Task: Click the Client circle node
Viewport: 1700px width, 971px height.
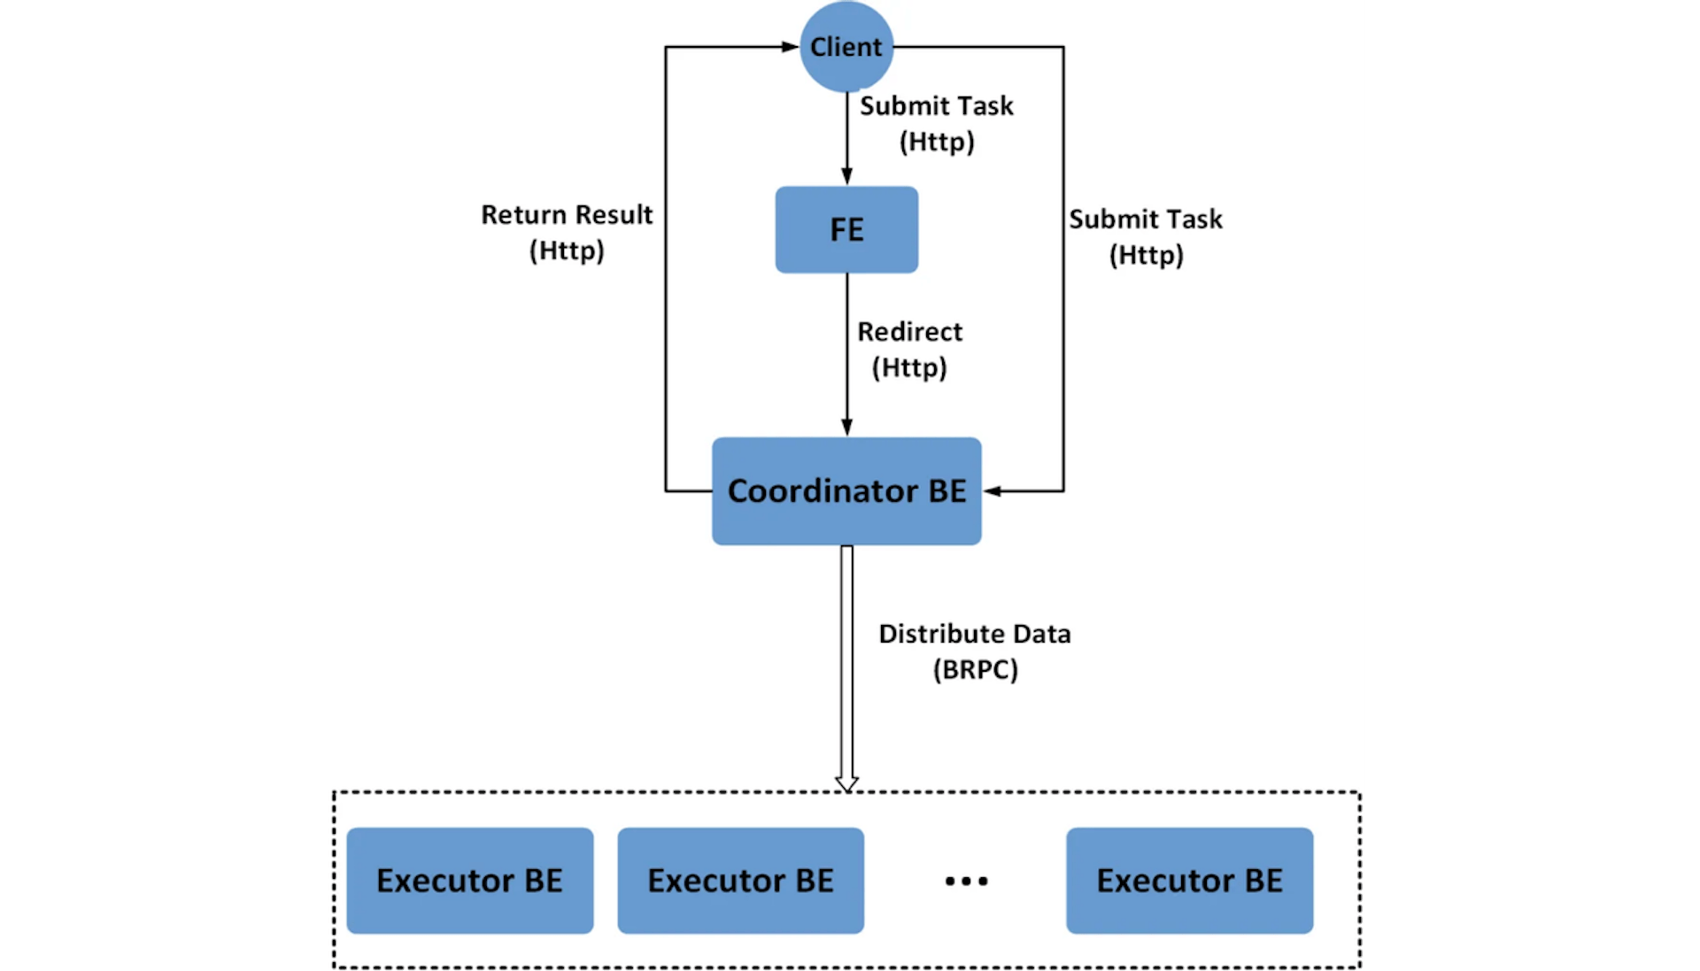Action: (846, 46)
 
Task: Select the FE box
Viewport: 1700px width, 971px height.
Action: (846, 229)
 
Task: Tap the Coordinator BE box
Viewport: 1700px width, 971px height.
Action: (846, 490)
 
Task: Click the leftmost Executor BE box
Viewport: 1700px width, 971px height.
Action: (469, 880)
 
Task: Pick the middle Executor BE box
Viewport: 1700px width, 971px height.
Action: (740, 880)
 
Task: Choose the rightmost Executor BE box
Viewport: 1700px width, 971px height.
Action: (1189, 880)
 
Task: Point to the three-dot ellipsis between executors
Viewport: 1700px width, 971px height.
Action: (966, 881)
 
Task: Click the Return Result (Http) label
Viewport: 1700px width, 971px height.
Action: (567, 232)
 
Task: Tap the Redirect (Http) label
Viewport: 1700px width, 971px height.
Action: (909, 349)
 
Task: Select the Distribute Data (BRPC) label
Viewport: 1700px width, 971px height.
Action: (975, 651)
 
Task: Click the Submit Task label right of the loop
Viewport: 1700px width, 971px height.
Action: (1145, 236)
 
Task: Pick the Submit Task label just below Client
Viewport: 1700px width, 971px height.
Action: (937, 123)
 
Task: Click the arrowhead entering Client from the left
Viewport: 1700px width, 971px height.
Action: (790, 47)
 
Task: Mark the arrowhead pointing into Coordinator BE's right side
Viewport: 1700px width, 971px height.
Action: (993, 490)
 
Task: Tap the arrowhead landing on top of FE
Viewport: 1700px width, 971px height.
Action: (846, 176)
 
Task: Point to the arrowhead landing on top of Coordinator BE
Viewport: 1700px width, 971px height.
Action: (846, 428)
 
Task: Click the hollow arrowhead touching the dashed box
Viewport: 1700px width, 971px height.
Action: (846, 783)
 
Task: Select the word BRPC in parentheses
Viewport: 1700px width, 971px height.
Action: (975, 670)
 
